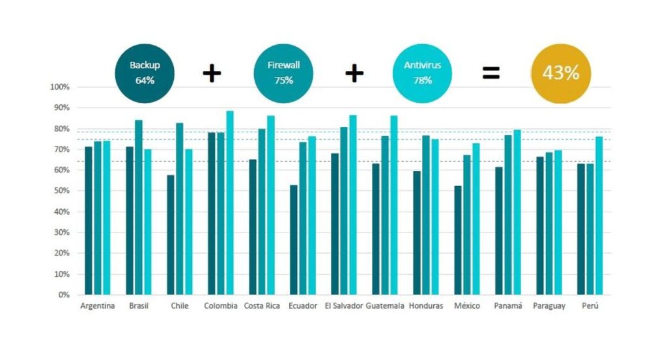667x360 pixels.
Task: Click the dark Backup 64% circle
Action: click(144, 73)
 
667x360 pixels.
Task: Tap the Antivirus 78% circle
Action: click(423, 73)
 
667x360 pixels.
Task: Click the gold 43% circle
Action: click(561, 73)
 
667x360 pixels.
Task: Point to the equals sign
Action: click(491, 73)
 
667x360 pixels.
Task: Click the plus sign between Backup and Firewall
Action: click(212, 73)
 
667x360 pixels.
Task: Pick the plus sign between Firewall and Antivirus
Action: click(354, 73)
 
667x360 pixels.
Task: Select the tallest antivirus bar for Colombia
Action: click(230, 202)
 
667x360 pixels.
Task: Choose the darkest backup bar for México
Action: click(458, 240)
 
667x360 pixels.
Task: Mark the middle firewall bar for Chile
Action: click(179, 208)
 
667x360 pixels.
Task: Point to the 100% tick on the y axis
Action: click(60, 87)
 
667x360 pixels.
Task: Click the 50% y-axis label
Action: click(61, 191)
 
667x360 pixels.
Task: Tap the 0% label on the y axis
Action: click(63, 295)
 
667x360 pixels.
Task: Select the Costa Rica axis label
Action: click(263, 306)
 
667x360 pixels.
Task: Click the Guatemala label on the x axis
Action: click(385, 306)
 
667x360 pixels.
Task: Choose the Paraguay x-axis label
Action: click(549, 306)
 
